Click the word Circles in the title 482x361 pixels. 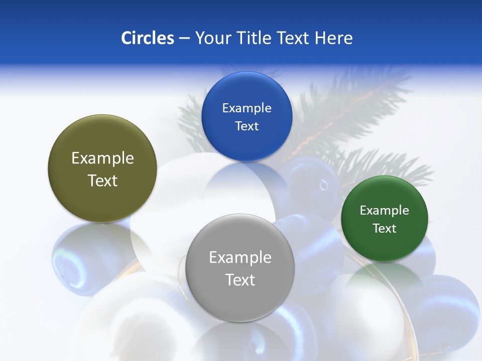147,38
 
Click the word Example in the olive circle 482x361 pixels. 102,158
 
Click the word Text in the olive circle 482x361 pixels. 102,180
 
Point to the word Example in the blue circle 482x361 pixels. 247,108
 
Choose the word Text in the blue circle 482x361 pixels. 247,126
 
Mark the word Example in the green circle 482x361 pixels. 385,210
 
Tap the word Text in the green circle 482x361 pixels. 385,228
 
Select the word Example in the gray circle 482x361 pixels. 240,257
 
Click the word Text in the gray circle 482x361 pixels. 240,280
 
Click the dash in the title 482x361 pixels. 184,38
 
